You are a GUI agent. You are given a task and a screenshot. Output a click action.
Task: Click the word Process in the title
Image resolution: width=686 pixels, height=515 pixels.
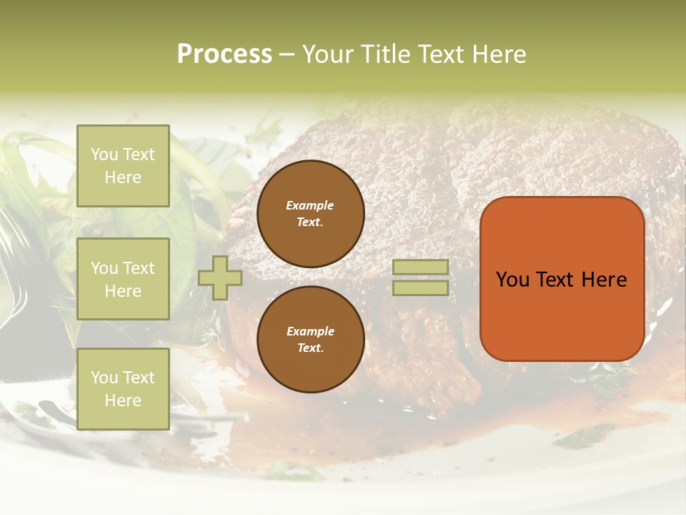224,54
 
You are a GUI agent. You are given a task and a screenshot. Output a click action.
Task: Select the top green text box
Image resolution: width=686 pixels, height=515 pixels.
123,166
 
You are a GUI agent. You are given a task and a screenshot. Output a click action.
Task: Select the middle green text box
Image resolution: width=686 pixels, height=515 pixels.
123,279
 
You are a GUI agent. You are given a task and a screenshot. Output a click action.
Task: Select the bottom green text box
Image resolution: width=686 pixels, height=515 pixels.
123,389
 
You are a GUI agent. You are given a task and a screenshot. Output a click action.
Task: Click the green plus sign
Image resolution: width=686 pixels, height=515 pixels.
220,278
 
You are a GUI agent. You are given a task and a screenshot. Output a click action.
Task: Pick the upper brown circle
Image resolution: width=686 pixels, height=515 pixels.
311,214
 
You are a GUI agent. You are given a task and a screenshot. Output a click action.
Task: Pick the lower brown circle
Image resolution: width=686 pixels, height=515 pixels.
311,340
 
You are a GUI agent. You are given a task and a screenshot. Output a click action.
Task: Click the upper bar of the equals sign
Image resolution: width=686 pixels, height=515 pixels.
420,267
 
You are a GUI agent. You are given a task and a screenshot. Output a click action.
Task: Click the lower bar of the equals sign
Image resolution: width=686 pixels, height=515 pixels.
420,288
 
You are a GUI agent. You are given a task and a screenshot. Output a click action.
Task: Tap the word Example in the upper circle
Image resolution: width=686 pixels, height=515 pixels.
310,205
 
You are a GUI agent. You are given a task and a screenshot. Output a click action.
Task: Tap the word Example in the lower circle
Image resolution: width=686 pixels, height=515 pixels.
310,331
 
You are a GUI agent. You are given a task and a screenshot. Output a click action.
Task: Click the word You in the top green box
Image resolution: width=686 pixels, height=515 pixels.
104,154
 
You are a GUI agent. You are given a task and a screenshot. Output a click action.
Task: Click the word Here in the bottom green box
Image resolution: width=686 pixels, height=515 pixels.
123,401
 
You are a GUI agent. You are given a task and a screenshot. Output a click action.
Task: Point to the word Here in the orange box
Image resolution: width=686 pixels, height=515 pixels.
604,280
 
